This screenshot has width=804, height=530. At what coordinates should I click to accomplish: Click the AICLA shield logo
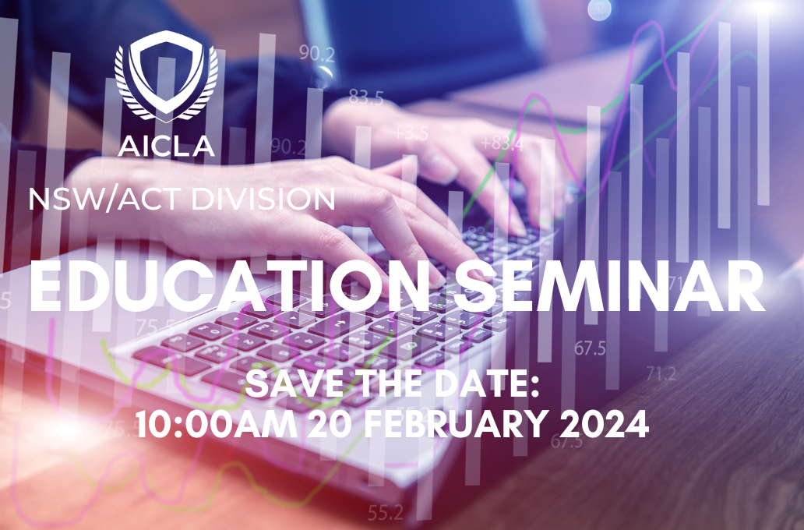click(166, 75)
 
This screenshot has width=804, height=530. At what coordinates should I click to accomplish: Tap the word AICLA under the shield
click(166, 146)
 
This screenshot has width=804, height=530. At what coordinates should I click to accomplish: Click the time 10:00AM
click(217, 424)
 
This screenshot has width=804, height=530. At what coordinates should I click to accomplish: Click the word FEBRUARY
click(455, 424)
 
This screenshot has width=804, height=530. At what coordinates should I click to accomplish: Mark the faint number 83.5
click(366, 97)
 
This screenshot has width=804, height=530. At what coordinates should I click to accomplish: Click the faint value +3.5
click(411, 133)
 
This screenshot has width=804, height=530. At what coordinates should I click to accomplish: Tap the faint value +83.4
click(502, 143)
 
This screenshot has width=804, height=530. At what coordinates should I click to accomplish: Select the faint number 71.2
click(661, 373)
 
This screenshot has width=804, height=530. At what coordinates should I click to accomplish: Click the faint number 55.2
click(386, 511)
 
